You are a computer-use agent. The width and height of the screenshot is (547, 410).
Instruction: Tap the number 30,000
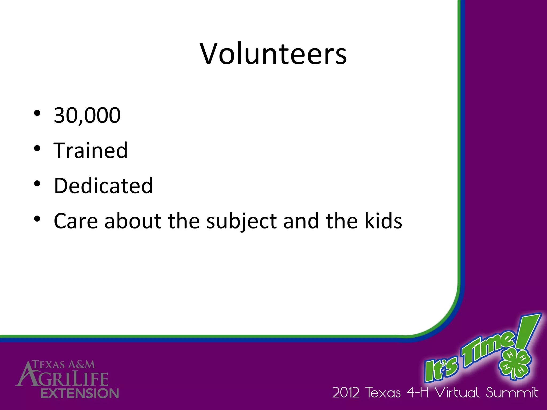[87, 115]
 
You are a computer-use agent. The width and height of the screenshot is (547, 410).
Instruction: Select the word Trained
[91, 151]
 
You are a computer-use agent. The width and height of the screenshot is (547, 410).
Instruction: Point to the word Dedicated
[103, 186]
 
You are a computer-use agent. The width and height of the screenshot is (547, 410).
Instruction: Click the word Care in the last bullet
[76, 221]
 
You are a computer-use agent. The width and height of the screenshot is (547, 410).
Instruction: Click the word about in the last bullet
[133, 221]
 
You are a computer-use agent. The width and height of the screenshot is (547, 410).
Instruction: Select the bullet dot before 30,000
[37, 113]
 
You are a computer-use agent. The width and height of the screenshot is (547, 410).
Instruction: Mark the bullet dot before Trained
[37, 148]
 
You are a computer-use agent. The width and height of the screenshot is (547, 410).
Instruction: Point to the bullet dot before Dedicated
[37, 184]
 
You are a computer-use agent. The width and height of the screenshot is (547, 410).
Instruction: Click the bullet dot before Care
[37, 219]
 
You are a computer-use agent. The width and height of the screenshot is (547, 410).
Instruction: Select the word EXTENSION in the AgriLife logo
[80, 393]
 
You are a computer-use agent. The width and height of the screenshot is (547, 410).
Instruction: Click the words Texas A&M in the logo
[64, 365]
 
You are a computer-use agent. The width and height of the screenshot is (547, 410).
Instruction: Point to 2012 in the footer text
[346, 393]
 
